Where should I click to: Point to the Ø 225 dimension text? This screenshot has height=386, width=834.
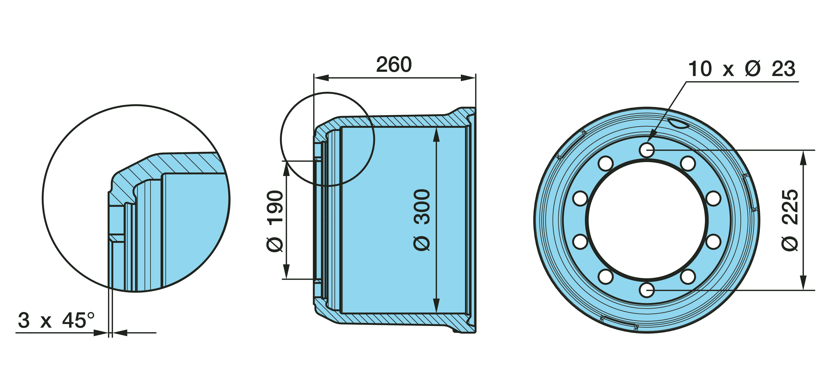click(790, 220)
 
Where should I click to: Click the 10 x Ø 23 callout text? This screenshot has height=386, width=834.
click(741, 69)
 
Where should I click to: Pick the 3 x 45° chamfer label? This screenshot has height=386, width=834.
click(56, 320)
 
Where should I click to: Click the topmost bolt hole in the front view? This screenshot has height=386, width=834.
click(647, 150)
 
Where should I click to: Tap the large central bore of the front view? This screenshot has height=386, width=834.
click(647, 220)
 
